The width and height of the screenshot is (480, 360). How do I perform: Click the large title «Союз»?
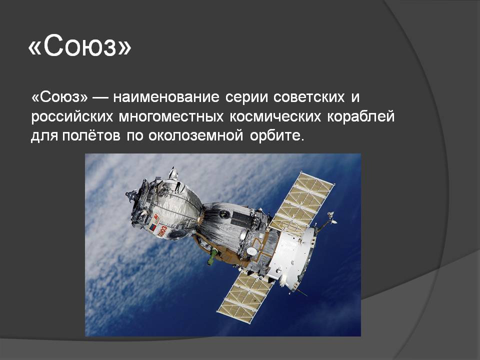(x=79, y=45)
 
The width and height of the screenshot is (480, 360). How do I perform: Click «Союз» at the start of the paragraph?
(x=59, y=97)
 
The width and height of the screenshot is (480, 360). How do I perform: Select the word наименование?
(x=166, y=97)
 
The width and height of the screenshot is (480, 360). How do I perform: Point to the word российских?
(x=72, y=117)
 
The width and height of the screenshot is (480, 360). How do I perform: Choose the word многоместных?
(x=171, y=117)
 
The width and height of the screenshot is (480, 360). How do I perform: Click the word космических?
(x=275, y=117)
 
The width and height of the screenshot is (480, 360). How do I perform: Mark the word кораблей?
(x=361, y=116)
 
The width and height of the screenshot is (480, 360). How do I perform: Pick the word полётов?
(x=91, y=135)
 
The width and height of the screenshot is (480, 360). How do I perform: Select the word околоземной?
(x=196, y=136)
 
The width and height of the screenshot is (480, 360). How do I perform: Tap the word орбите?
(x=277, y=135)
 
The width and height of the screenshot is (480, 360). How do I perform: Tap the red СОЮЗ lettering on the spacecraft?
(x=162, y=230)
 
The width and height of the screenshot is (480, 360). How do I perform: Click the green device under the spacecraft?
(x=212, y=256)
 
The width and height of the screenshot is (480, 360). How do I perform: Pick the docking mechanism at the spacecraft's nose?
(x=134, y=196)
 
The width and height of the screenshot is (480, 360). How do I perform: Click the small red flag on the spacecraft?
(x=152, y=228)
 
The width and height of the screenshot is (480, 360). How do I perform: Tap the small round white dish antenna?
(x=251, y=251)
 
